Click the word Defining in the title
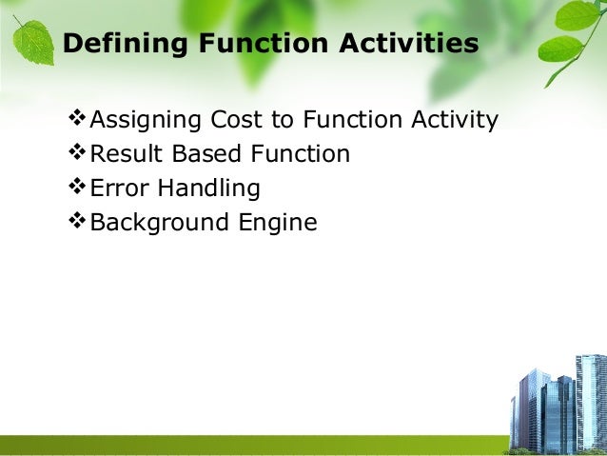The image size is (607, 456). click(x=125, y=44)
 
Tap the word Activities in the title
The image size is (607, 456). click(x=409, y=42)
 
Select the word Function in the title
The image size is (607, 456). click(x=264, y=43)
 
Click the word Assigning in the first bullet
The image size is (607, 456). click(x=146, y=120)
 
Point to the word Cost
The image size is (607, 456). click(x=236, y=119)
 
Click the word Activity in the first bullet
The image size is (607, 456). click(x=455, y=120)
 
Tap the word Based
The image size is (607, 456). click(x=206, y=153)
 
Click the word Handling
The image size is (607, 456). click(x=209, y=188)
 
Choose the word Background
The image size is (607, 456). click(x=159, y=223)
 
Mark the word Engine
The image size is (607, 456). click(x=278, y=223)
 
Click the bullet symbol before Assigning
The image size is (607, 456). click(x=77, y=118)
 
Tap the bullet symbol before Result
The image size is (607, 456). click(x=77, y=152)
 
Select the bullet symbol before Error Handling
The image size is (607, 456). click(x=77, y=186)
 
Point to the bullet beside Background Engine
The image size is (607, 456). click(x=77, y=221)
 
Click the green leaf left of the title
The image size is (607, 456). click(x=33, y=42)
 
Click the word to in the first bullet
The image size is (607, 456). click(x=283, y=119)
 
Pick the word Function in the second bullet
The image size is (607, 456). click(x=300, y=153)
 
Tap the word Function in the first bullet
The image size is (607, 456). click(x=352, y=119)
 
